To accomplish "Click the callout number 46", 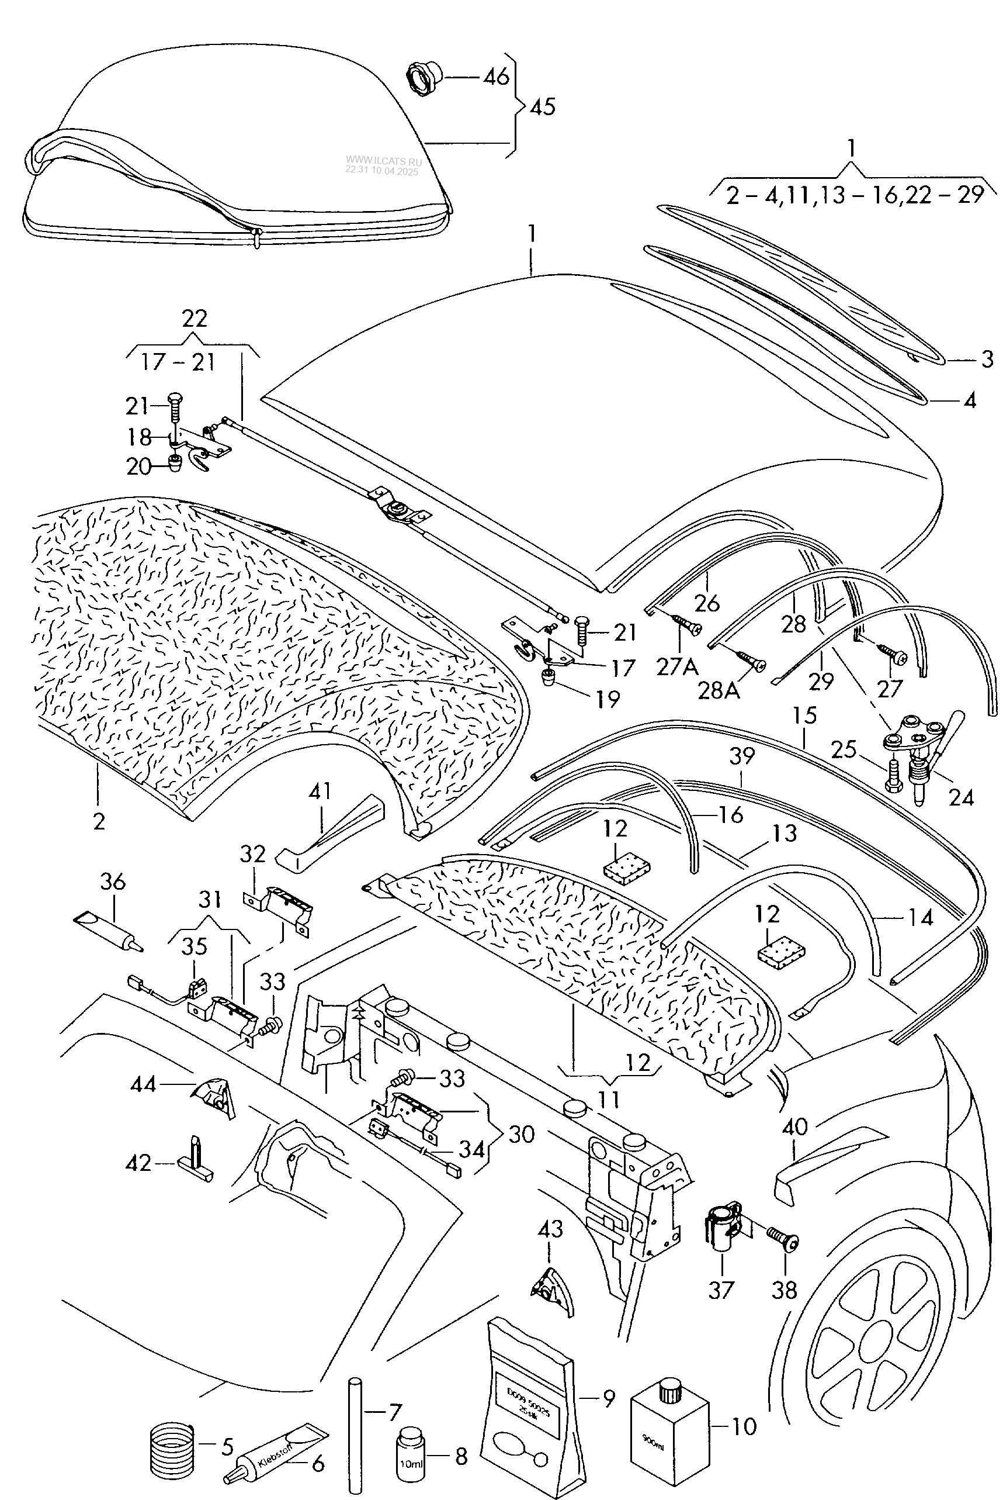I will point(496,77).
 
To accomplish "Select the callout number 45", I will point(543,106).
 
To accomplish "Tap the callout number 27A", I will point(677,668).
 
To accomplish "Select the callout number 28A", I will point(719,690).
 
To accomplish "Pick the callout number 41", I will point(320,791).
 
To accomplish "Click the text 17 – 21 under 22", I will point(177,362).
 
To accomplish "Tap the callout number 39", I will point(742,756).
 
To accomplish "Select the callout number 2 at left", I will point(99,821).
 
